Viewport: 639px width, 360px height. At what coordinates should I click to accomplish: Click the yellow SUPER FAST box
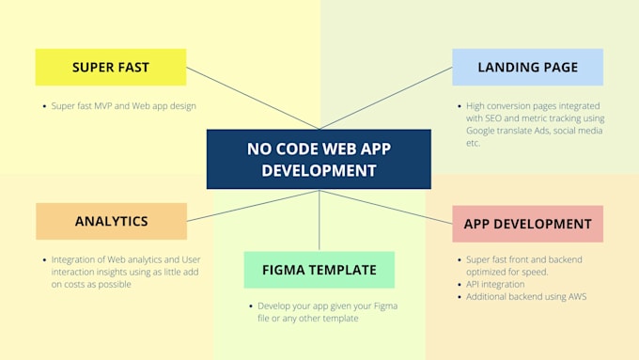click(111, 68)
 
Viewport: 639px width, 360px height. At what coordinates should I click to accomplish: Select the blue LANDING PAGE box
click(527, 68)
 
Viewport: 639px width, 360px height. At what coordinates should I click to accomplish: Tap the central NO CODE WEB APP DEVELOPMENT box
click(319, 159)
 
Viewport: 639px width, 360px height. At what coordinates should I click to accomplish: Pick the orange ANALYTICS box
click(111, 221)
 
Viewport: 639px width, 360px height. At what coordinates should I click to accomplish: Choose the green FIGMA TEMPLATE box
click(319, 270)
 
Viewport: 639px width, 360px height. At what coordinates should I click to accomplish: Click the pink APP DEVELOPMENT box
click(527, 224)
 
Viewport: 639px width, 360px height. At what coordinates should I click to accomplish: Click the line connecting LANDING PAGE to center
click(385, 99)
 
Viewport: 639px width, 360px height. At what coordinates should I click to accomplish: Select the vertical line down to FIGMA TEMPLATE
click(319, 220)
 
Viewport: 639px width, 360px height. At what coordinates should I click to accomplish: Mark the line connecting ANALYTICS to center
click(254, 206)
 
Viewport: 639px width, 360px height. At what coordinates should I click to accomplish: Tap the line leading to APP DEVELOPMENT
click(385, 206)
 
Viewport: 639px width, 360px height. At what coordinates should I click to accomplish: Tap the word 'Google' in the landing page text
click(482, 131)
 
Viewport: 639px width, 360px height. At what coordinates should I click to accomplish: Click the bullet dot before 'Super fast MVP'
click(44, 106)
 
